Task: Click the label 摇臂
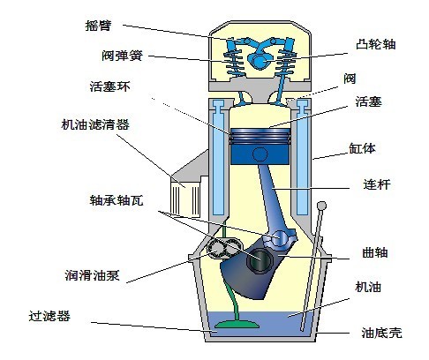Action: pos(98,26)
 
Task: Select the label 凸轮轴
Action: pos(376,44)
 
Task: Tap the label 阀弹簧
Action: pos(122,56)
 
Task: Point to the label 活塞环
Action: pos(110,86)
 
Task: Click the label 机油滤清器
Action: pos(95,124)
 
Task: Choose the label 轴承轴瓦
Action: pos(117,200)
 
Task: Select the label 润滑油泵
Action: pos(93,275)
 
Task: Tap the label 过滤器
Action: pos(49,316)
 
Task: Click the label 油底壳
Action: pos(381,333)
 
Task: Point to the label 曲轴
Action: pos(375,252)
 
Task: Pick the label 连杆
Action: pos(377,184)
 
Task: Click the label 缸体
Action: pos(362,148)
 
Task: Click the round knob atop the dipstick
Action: pos(321,206)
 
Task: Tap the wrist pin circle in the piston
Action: pos(260,154)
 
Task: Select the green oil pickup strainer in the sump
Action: pos(237,325)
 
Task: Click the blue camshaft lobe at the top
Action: pos(259,60)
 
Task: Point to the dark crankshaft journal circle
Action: pos(260,259)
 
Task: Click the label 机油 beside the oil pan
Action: pos(368,287)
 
